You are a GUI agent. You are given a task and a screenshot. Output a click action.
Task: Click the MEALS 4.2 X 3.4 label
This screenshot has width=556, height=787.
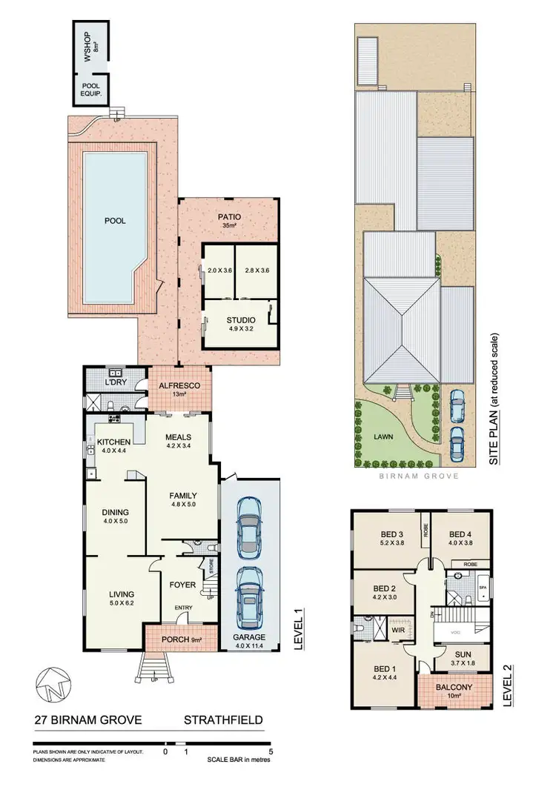point(180,442)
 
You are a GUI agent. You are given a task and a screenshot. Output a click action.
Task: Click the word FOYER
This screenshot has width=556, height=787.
point(183,585)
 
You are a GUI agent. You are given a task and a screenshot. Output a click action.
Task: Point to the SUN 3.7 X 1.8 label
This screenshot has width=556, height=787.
point(457,656)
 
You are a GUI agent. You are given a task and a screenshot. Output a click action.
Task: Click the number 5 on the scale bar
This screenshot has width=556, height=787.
point(272,751)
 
